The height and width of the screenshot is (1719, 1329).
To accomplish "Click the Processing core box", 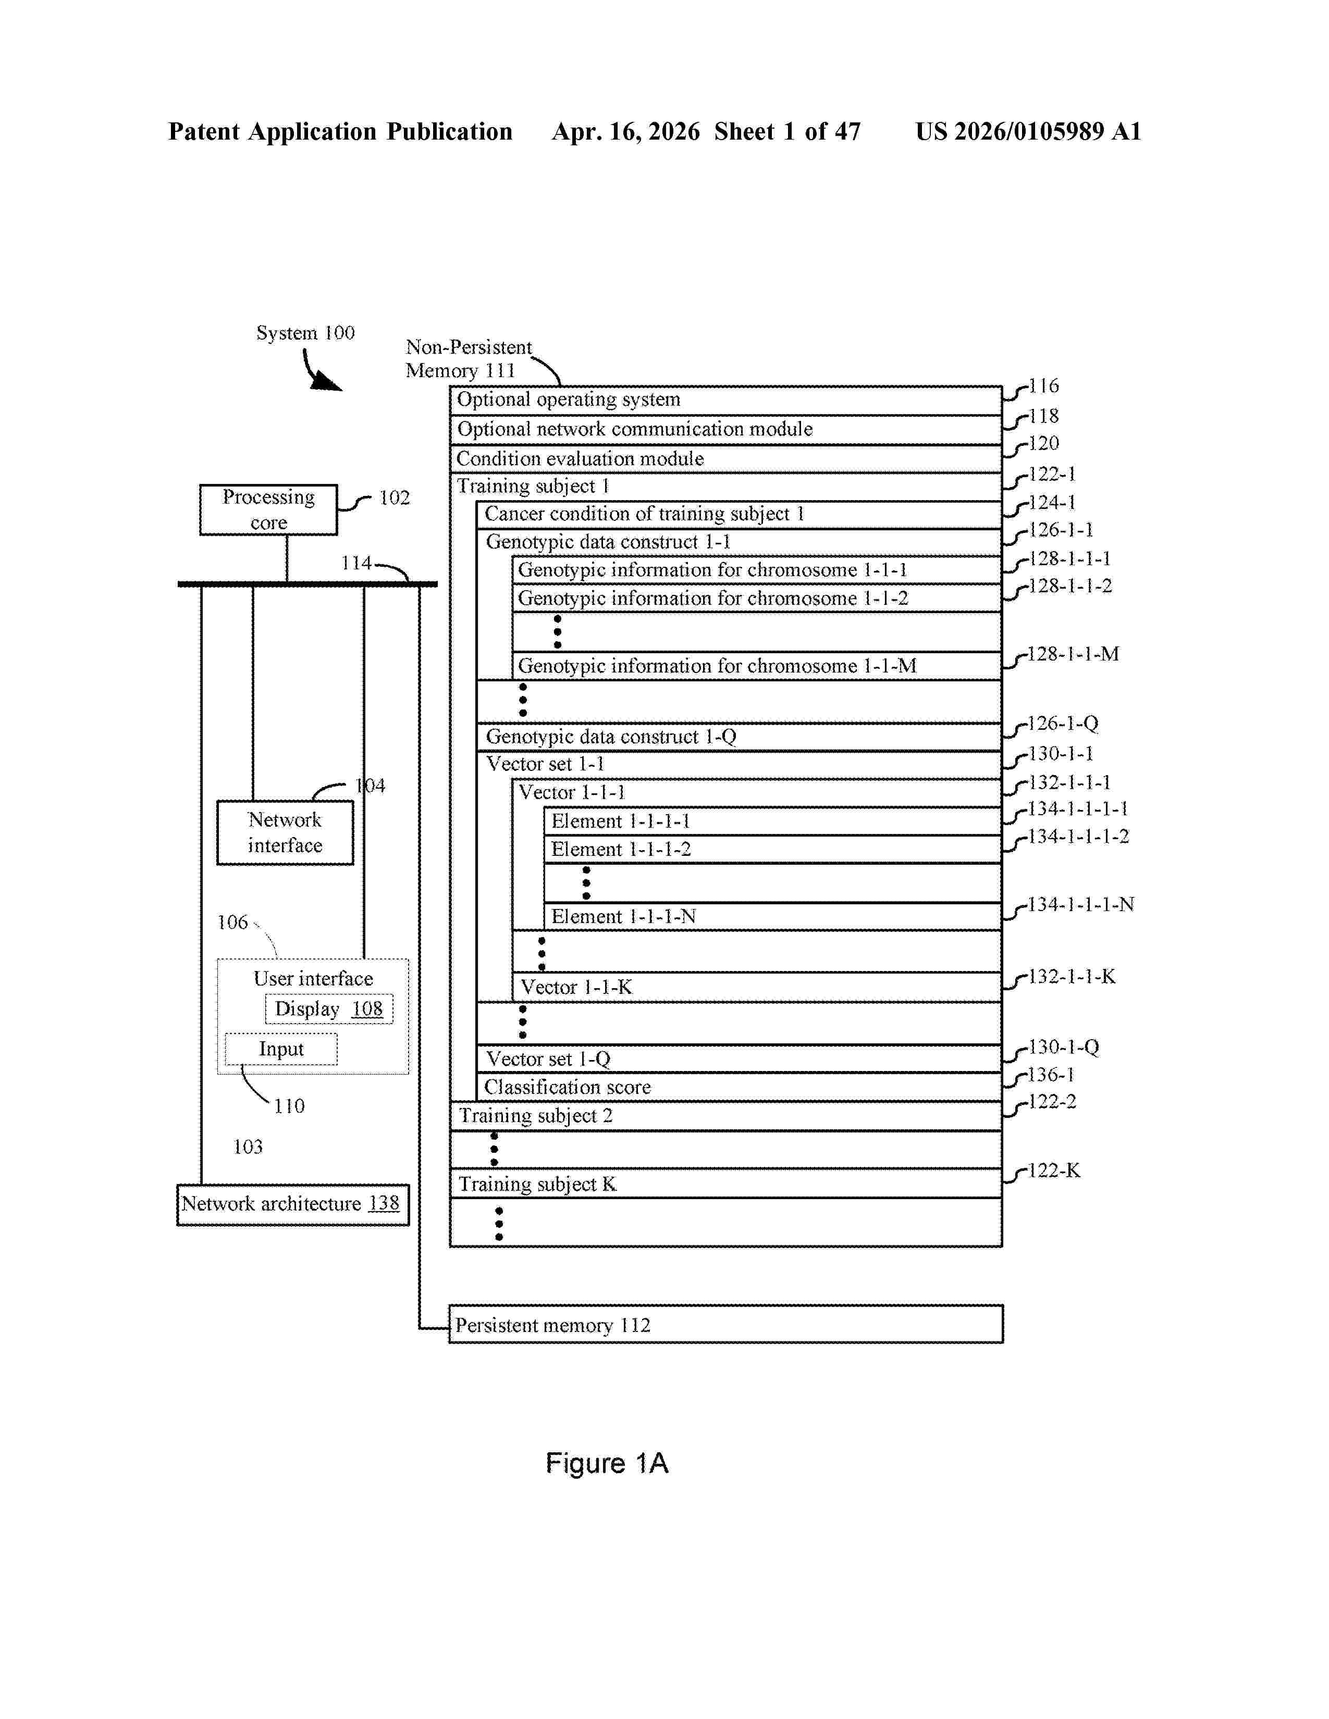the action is tap(268, 510).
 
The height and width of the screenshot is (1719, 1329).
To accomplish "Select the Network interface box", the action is tap(285, 833).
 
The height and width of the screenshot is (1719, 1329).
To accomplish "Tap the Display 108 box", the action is tap(328, 1009).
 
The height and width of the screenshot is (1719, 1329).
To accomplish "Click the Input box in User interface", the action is tap(281, 1049).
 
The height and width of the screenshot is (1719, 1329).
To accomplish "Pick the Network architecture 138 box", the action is tap(293, 1205).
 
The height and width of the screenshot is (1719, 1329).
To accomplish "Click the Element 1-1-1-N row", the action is tap(773, 917).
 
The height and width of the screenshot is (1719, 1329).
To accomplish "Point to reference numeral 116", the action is tap(1044, 385).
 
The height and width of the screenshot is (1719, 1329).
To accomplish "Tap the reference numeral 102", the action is tap(395, 497).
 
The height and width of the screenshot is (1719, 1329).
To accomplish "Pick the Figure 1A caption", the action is tap(607, 1463).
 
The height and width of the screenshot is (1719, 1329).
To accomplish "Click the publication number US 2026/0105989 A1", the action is tap(1028, 131).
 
